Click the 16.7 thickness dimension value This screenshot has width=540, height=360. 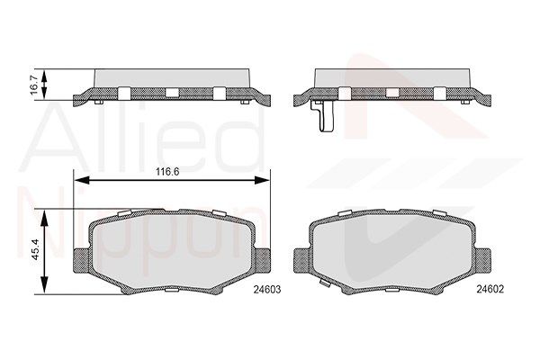tap(35, 85)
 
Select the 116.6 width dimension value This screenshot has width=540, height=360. tap(167, 172)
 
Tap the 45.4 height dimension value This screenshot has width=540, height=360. tap(36, 252)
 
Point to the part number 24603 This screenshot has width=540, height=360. tap(267, 290)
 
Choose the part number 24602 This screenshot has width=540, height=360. tap(490, 289)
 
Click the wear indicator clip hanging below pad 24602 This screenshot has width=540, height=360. tap(324, 116)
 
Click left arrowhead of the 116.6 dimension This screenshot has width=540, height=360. tap(82, 180)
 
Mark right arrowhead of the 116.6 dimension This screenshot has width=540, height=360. tap(262, 180)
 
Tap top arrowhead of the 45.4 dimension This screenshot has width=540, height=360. tap(44, 218)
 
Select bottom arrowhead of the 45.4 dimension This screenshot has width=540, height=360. tap(44, 285)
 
